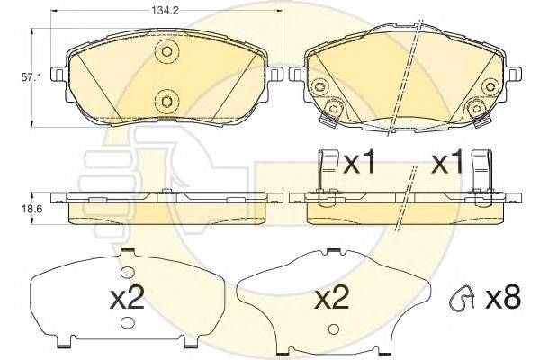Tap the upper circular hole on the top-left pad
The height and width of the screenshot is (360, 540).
(165, 53)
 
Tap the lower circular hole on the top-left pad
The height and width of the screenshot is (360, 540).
(165, 99)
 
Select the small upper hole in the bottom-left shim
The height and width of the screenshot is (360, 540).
(126, 271)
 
